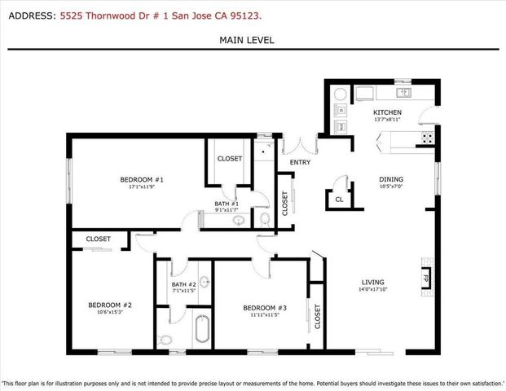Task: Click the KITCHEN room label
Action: coord(386,112)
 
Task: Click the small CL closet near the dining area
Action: coord(338,198)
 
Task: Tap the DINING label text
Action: coord(390,179)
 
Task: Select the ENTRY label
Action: coord(289,163)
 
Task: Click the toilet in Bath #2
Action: coord(166,340)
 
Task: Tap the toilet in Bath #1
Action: coord(262,219)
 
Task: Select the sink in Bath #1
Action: coord(239,220)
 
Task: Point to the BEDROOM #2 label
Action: coord(110,305)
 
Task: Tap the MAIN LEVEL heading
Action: coord(247,40)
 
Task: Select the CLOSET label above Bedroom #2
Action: coord(98,239)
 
